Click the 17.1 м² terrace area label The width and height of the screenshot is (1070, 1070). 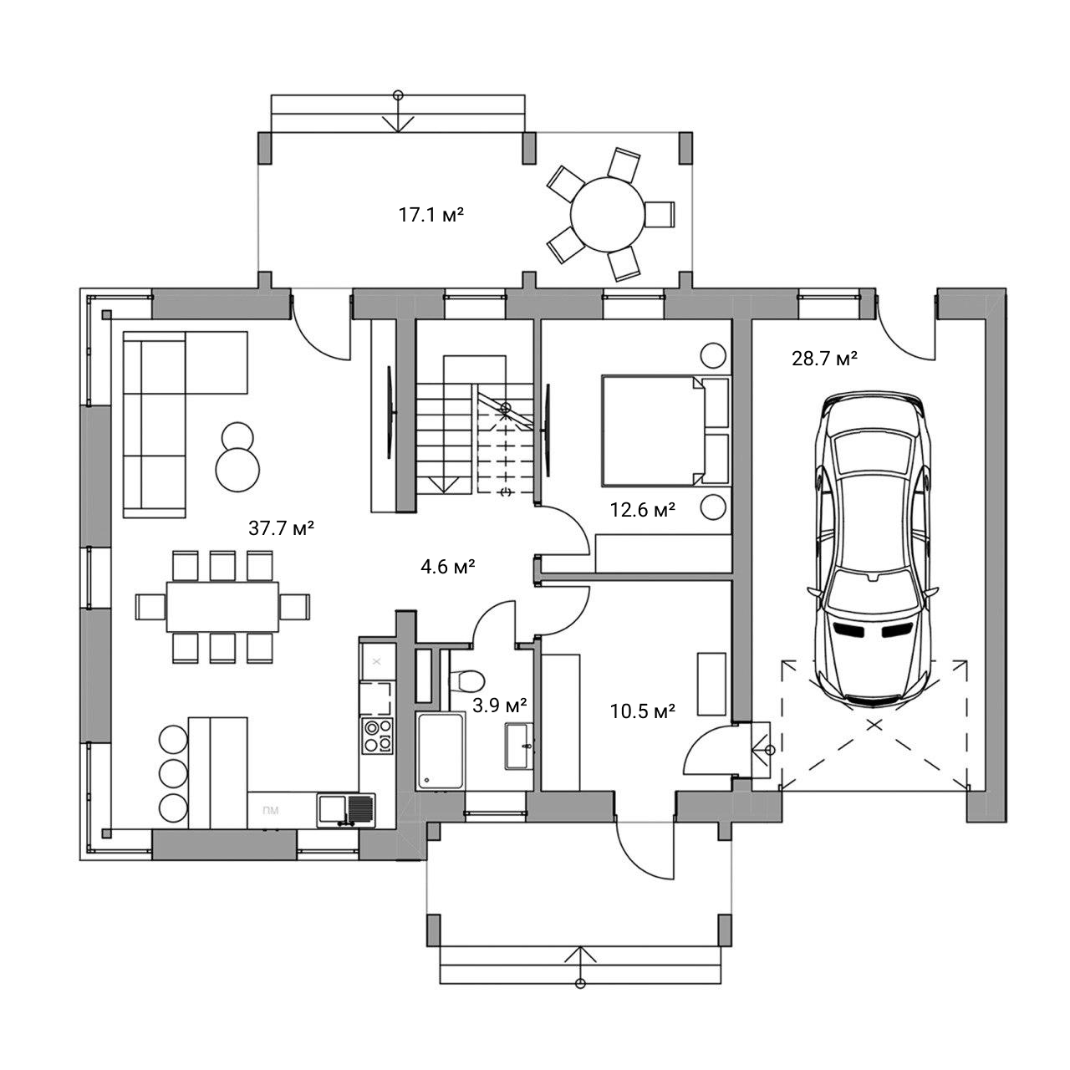click(x=431, y=215)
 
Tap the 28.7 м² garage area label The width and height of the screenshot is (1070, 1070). click(x=824, y=359)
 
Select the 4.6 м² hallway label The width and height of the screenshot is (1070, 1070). click(x=447, y=567)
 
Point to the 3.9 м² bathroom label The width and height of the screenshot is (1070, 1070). click(x=499, y=706)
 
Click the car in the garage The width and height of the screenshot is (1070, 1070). click(x=873, y=549)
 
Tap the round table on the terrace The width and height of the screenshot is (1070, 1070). click(x=608, y=214)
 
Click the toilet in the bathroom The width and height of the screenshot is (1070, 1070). click(x=467, y=680)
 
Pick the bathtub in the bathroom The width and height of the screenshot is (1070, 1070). click(x=440, y=751)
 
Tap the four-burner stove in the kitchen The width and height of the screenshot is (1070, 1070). click(x=377, y=735)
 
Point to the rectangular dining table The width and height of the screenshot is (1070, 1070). click(x=222, y=606)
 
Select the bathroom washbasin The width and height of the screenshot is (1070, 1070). click(x=519, y=746)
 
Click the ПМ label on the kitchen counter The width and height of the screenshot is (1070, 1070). click(x=270, y=811)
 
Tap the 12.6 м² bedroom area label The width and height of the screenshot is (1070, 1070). click(x=643, y=509)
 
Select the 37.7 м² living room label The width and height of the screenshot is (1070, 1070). click(x=282, y=527)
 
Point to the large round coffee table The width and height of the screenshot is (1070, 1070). click(x=237, y=469)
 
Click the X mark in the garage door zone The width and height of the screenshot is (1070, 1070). click(x=874, y=724)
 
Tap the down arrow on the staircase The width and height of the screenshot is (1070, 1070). click(x=442, y=484)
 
